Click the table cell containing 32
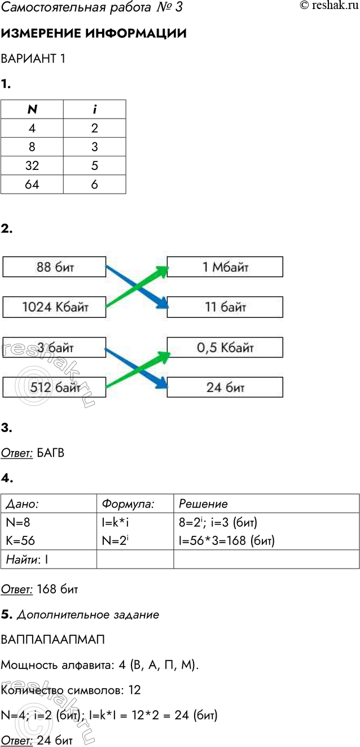[32, 165]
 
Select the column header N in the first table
[32, 110]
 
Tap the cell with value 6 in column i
[94, 184]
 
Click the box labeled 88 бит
[55, 267]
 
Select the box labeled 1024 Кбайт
[55, 308]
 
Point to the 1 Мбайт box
[225, 267]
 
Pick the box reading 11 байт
[225, 308]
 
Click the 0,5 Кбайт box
[225, 347]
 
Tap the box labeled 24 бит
[225, 387]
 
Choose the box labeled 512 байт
[55, 387]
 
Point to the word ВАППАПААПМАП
[52, 640]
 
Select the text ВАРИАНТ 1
[33, 59]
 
